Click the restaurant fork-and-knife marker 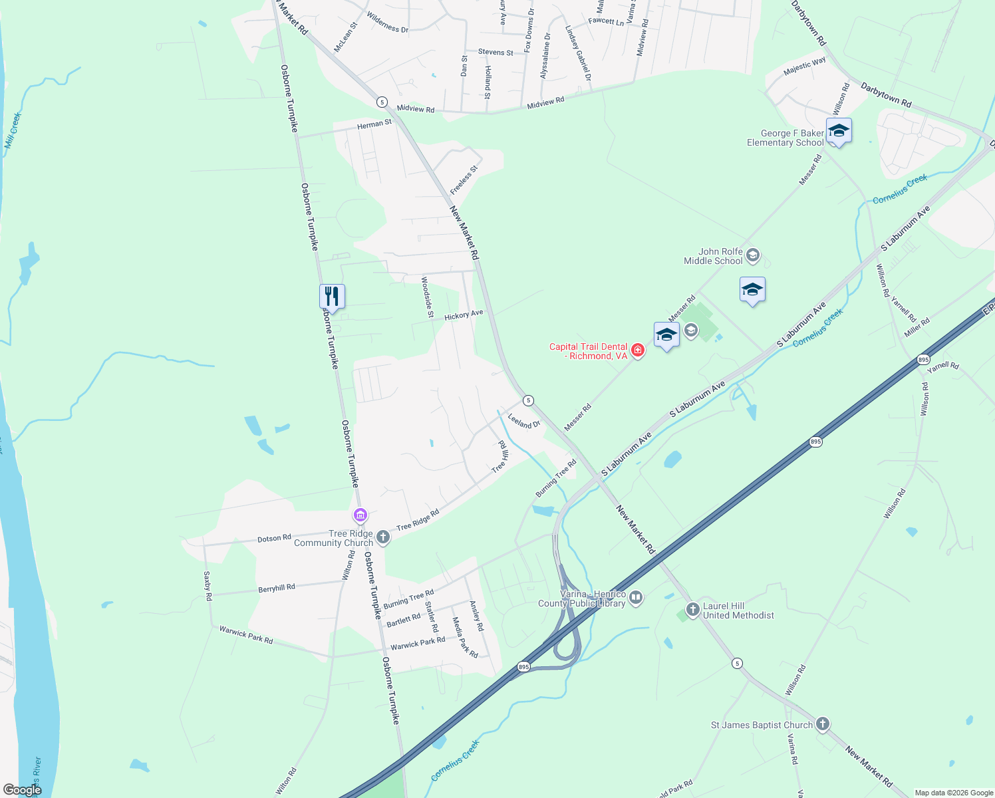pos(332,296)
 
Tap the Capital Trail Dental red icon pos(637,350)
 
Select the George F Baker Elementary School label pos(785,138)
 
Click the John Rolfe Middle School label pos(713,257)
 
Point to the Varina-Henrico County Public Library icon pos(636,598)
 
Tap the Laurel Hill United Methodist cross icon pos(692,609)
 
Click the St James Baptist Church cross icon pos(823,724)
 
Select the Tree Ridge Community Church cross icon pos(382,537)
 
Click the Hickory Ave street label pos(464,315)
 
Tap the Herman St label pos(374,124)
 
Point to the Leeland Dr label pos(523,421)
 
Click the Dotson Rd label pos(274,538)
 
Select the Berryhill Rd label pos(276,589)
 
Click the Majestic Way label pos(804,66)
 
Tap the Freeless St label pos(464,180)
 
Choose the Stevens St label pos(496,52)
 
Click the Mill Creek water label pos(13,130)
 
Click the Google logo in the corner pos(22,790)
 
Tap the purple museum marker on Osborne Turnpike pos(360,515)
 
